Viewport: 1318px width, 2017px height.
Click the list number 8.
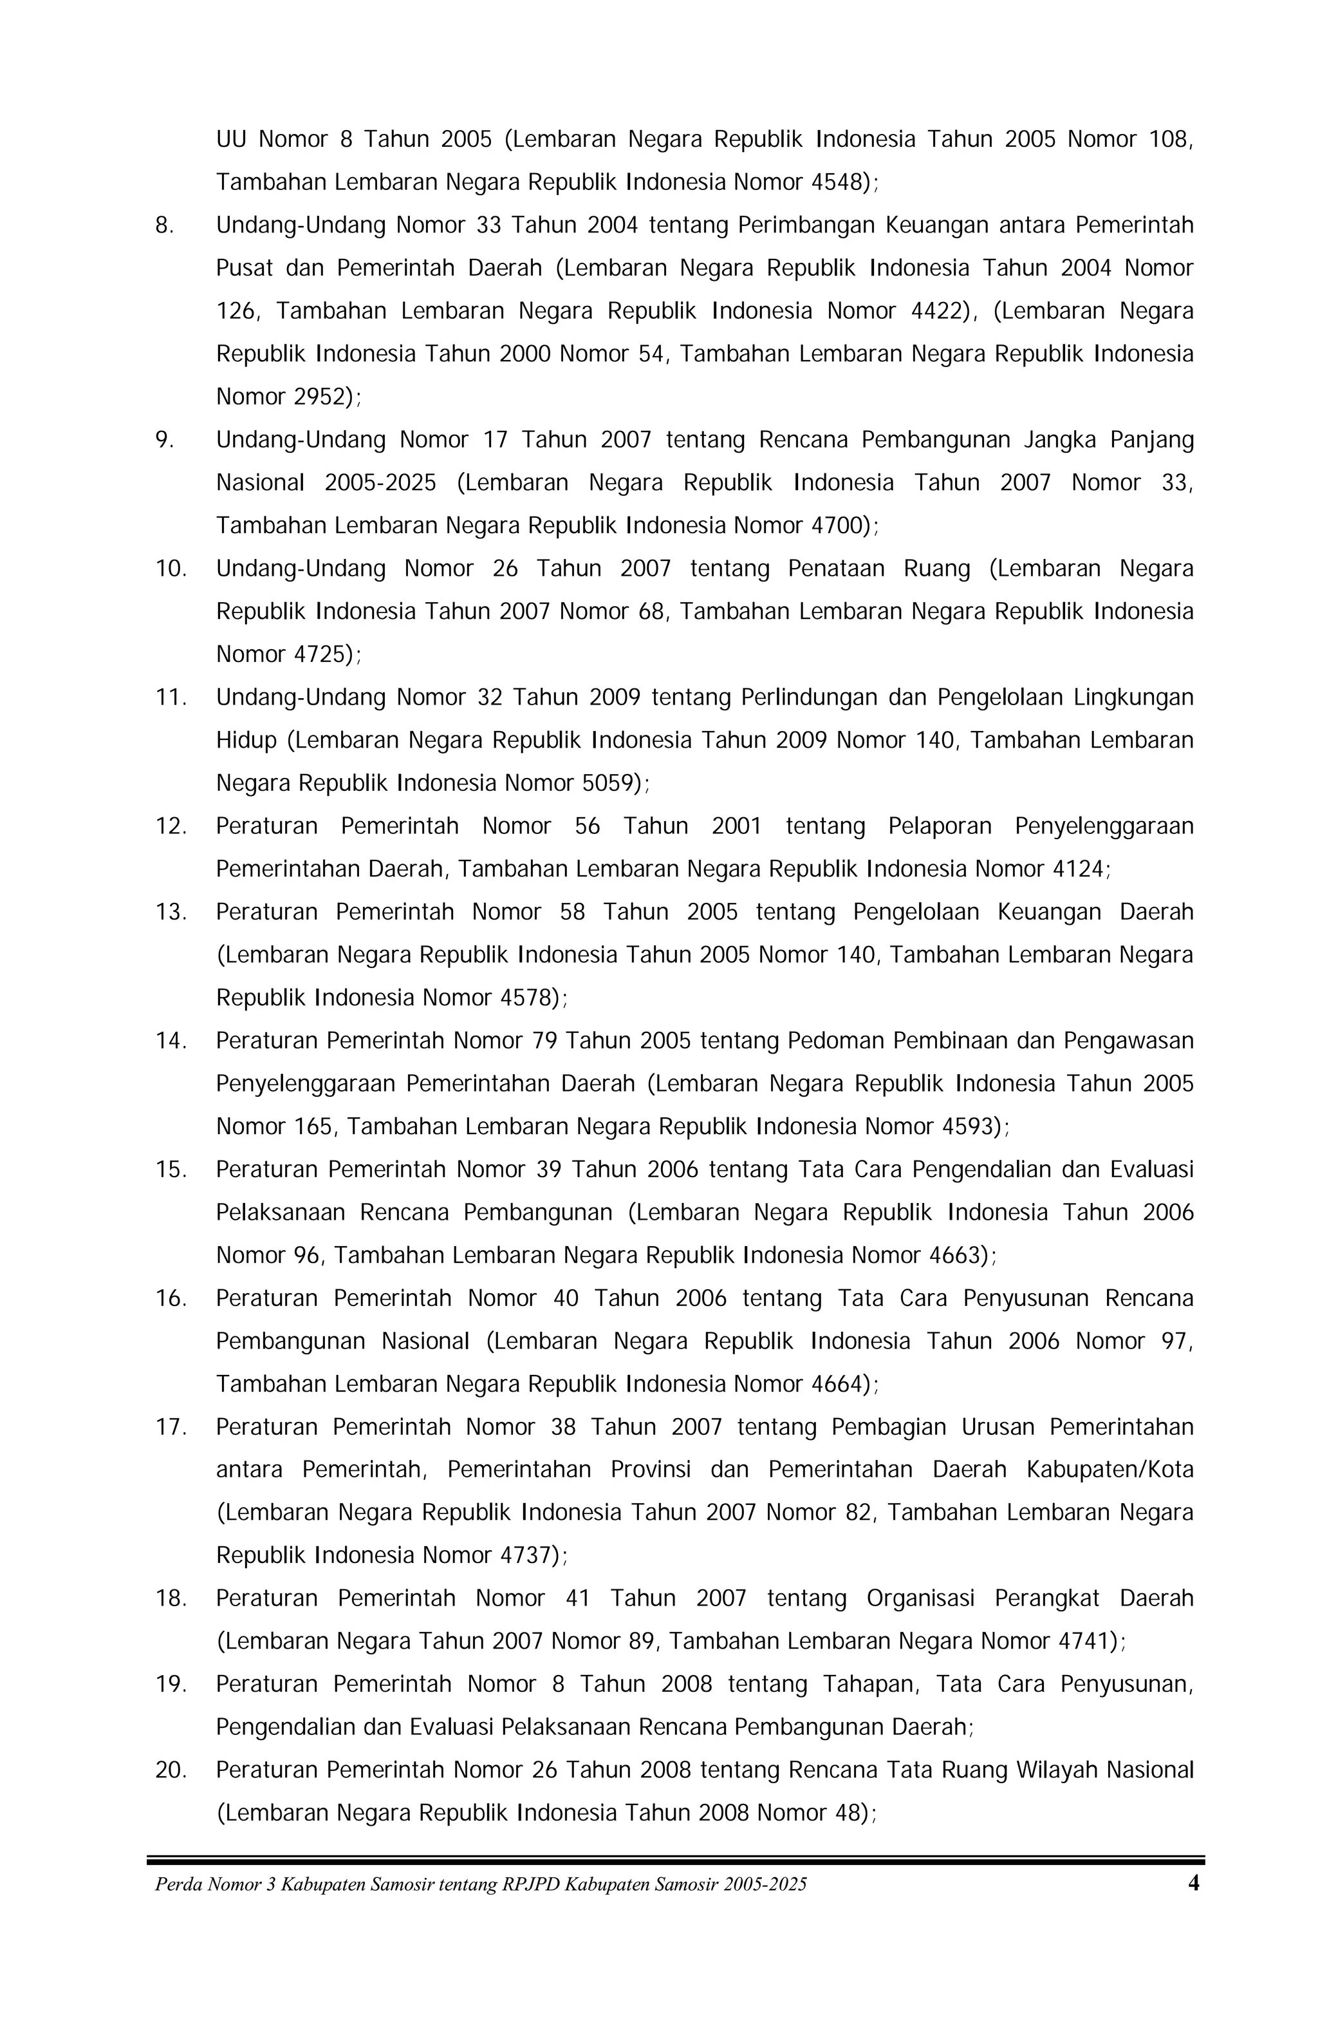tap(163, 225)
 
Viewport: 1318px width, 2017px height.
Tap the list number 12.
tap(171, 826)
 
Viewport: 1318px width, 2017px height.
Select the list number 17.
tap(171, 1427)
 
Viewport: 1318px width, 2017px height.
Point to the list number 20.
tap(171, 1770)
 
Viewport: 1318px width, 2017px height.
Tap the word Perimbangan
tap(804, 225)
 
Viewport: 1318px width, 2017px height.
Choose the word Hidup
tap(246, 741)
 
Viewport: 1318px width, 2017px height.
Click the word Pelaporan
tap(940, 826)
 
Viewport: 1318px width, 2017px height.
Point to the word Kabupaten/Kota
tap(1109, 1470)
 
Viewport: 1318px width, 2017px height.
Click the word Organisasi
tap(921, 1598)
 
